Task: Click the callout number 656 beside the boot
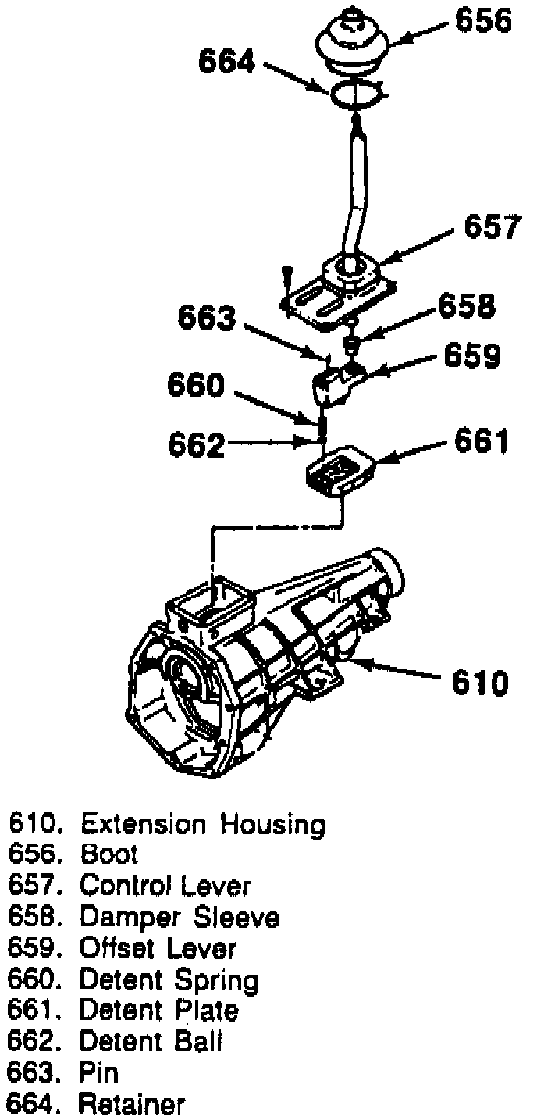click(483, 22)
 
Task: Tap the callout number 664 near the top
click(226, 62)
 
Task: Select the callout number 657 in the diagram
click(491, 228)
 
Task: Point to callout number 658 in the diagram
click(466, 306)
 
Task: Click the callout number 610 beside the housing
click(480, 682)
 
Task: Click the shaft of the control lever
click(356, 187)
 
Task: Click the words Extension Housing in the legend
click(203, 824)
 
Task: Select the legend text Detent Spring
click(169, 979)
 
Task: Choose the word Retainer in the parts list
click(133, 1104)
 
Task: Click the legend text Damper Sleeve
click(179, 917)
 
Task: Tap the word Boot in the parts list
click(109, 854)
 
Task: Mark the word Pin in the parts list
click(99, 1073)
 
